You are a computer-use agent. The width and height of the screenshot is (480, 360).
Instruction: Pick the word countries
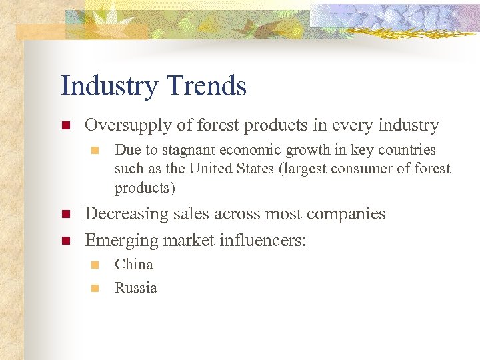tap(407, 150)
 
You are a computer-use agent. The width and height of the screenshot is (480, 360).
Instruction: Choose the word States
tap(257, 169)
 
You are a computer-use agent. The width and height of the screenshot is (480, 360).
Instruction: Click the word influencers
tap(263, 240)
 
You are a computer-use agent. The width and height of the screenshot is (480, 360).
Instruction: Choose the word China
tap(134, 265)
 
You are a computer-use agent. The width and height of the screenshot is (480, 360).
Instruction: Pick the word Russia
tap(136, 288)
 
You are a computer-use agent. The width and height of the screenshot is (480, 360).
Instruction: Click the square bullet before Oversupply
tap(65, 126)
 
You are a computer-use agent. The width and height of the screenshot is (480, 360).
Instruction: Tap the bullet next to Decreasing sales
tap(65, 215)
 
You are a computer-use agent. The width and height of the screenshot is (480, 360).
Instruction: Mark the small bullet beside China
tap(95, 265)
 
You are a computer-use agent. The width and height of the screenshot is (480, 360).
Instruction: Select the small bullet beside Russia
tap(95, 289)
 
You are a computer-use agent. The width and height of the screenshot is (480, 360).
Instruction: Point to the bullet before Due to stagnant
tap(95, 151)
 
